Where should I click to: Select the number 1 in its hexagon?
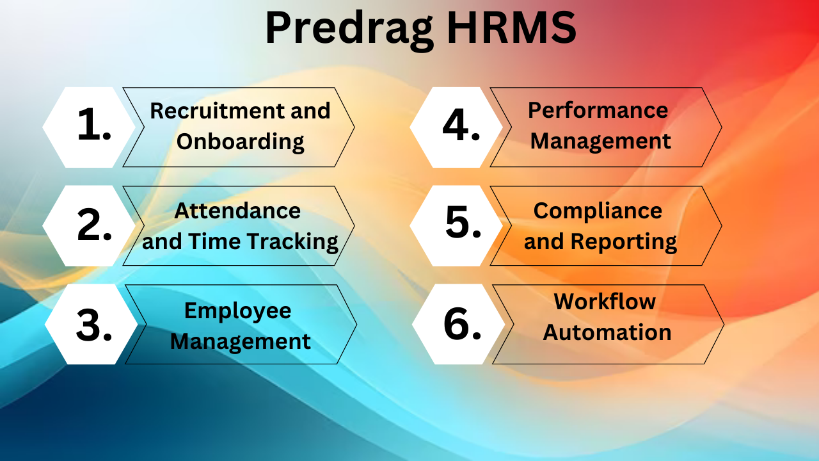pos(90,126)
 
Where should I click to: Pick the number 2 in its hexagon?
pos(90,226)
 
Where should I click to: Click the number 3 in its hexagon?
pos(90,325)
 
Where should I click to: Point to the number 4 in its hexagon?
pos(457,126)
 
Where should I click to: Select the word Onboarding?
pos(240,142)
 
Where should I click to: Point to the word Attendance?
pos(237,210)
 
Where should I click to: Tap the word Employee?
pos(237,311)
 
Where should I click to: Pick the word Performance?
pos(598,110)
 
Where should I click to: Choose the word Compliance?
pos(598,210)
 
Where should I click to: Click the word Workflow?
pos(605,302)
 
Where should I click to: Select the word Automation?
pos(607,332)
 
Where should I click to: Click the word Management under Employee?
pos(240,341)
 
